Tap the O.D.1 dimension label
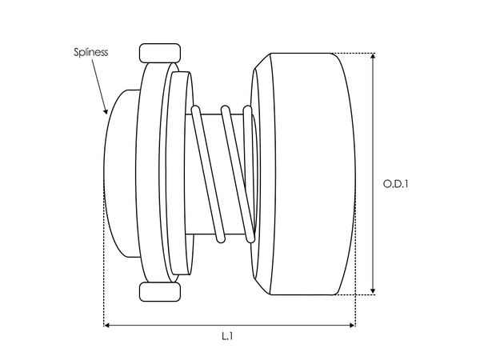[x=396, y=184]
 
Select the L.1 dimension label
[x=227, y=337]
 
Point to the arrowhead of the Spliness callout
[x=106, y=112]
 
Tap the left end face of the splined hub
[x=120, y=172]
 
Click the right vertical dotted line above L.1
[x=355, y=312]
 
